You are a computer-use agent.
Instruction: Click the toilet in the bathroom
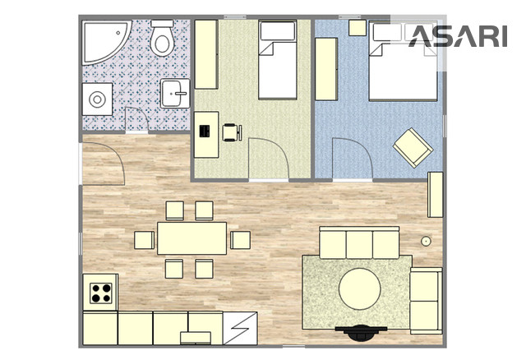click(162, 38)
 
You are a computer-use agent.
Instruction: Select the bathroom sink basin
click(175, 93)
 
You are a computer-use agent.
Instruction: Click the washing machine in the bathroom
click(97, 99)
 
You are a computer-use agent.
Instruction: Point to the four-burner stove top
click(100, 293)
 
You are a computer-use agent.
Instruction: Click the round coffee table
click(360, 288)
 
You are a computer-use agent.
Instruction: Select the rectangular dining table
click(191, 238)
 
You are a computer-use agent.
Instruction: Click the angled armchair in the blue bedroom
click(413, 148)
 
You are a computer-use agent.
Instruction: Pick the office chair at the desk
click(232, 132)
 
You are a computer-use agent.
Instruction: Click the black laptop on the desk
click(205, 131)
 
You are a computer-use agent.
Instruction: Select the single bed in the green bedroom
click(278, 60)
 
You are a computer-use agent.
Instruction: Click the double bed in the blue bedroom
click(403, 61)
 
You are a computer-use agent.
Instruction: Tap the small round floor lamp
click(426, 241)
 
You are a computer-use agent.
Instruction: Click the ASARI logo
click(458, 36)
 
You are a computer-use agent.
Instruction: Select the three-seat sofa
click(359, 242)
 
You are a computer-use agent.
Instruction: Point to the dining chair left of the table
click(145, 240)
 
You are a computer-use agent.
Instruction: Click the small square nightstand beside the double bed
click(358, 27)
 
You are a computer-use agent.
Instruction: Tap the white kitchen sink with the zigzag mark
click(240, 329)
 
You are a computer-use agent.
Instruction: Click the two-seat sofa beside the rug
click(426, 301)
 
